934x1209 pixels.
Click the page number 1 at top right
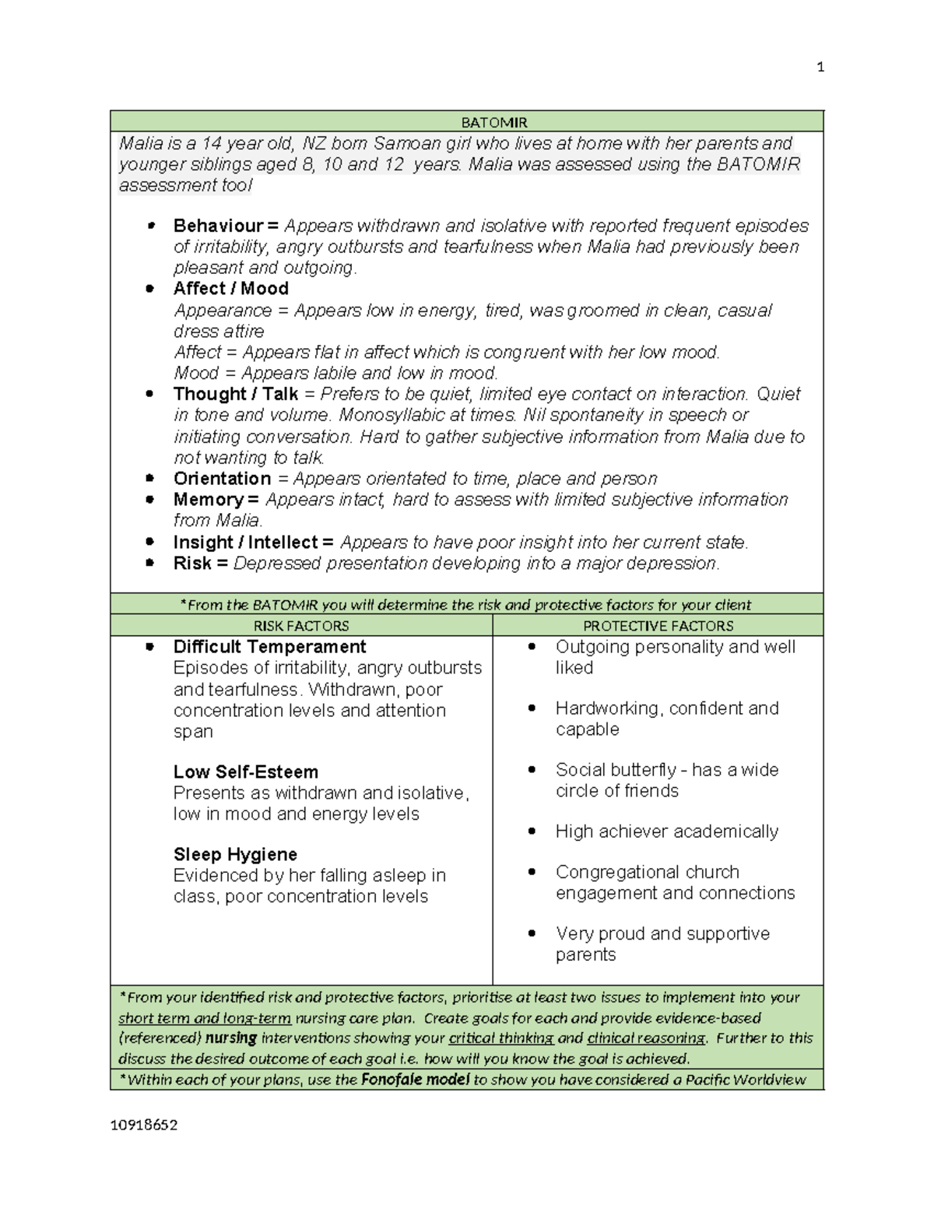click(x=820, y=67)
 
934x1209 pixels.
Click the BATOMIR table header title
click(x=493, y=123)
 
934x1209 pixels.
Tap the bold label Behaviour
click(x=218, y=226)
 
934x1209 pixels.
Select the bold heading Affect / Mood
click(x=230, y=289)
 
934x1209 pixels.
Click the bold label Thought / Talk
click(x=235, y=394)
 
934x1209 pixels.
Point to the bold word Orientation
click(x=222, y=479)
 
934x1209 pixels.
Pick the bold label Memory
click(x=208, y=500)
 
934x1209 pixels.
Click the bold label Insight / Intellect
click(x=245, y=543)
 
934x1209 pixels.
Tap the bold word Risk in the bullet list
click(x=191, y=564)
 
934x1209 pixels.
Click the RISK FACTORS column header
click(x=301, y=626)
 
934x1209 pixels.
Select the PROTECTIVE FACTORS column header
click(x=658, y=626)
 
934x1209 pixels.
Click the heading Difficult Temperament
click(x=269, y=647)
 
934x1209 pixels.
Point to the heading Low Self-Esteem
click(x=245, y=772)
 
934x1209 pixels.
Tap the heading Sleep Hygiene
click(x=235, y=855)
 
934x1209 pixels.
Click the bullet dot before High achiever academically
click(x=532, y=831)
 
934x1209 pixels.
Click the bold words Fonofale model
click(x=415, y=1080)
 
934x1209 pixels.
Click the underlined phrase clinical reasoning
click(x=646, y=1039)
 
